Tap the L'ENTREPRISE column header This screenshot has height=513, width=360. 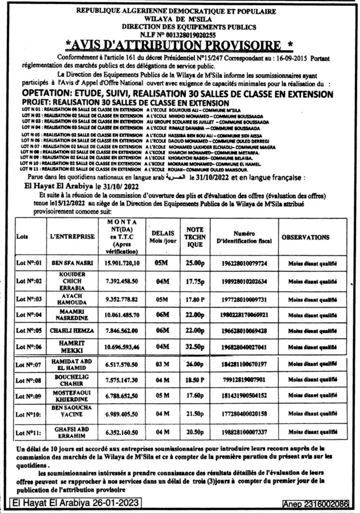pyautogui.click(x=70, y=235)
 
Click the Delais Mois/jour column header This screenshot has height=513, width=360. pyautogui.click(x=160, y=236)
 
